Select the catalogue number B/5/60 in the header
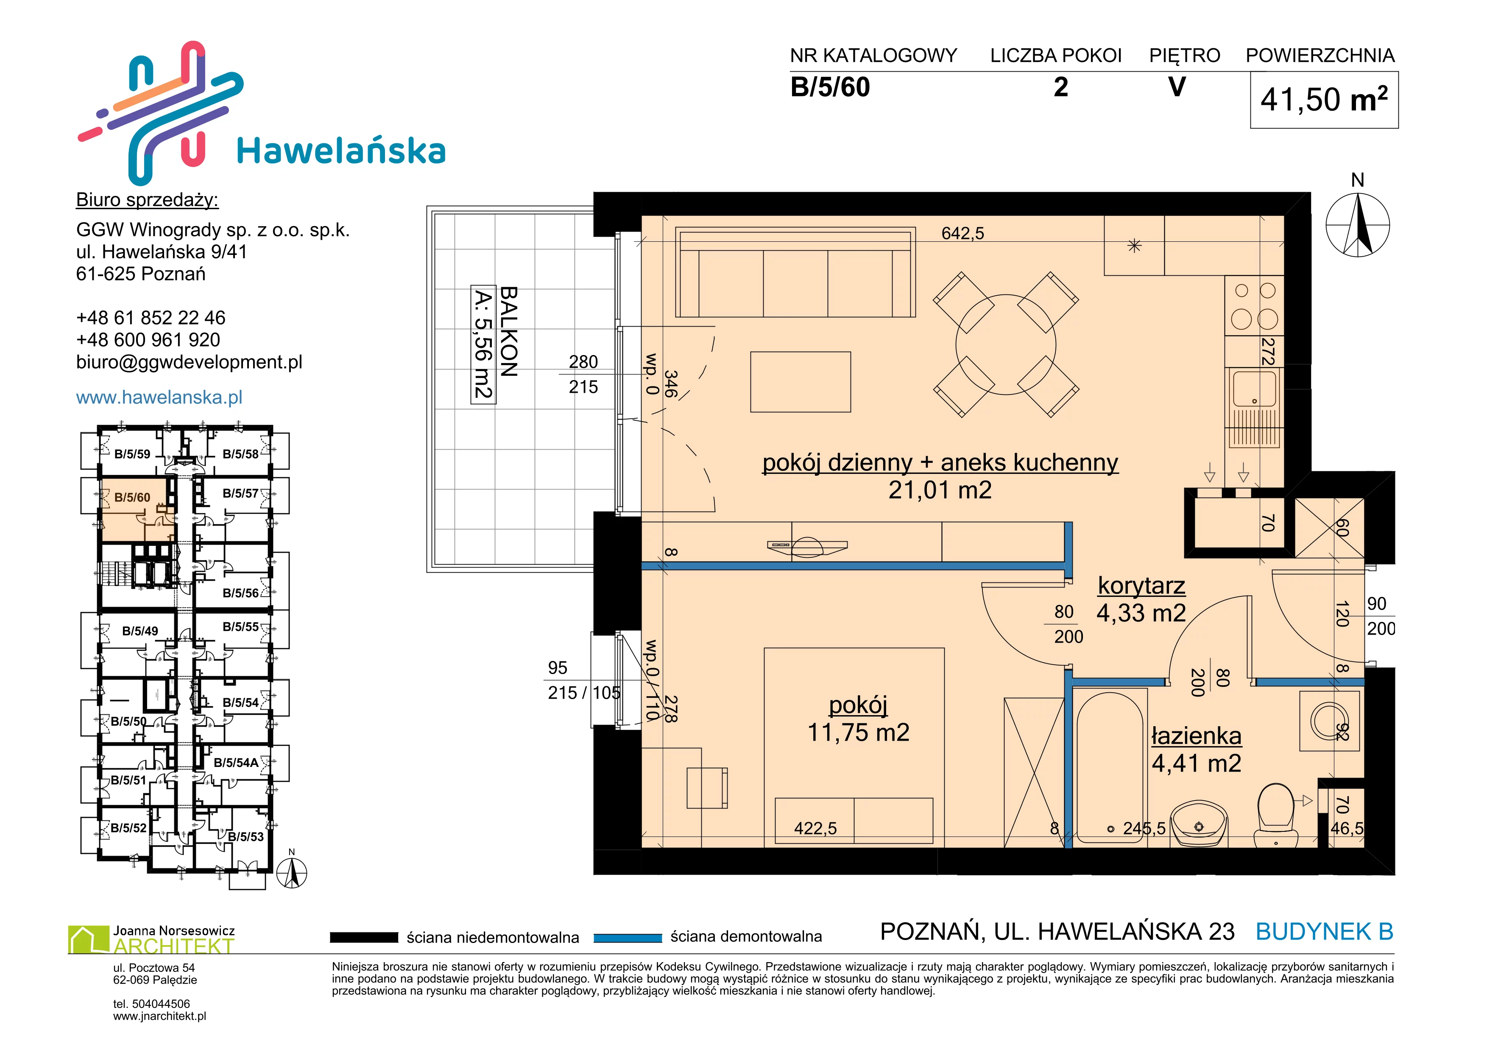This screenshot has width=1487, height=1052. pyautogui.click(x=830, y=87)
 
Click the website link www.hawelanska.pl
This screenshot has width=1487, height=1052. pyautogui.click(x=159, y=397)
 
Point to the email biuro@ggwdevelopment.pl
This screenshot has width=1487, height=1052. pyautogui.click(x=189, y=362)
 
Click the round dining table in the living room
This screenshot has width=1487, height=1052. pyautogui.click(x=1006, y=344)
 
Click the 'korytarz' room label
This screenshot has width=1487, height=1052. pyautogui.click(x=1141, y=585)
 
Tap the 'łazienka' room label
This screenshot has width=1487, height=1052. pyautogui.click(x=1196, y=736)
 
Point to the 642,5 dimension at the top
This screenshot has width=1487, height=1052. pyautogui.click(x=963, y=233)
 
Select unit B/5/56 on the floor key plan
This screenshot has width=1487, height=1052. pyautogui.click(x=240, y=593)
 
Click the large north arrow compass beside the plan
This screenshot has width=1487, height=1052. pyautogui.click(x=1358, y=225)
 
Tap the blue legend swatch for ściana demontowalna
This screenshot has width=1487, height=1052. pyautogui.click(x=628, y=937)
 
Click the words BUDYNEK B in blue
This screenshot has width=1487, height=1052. pyautogui.click(x=1325, y=932)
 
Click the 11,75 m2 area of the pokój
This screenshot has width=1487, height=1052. pyautogui.click(x=858, y=733)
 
